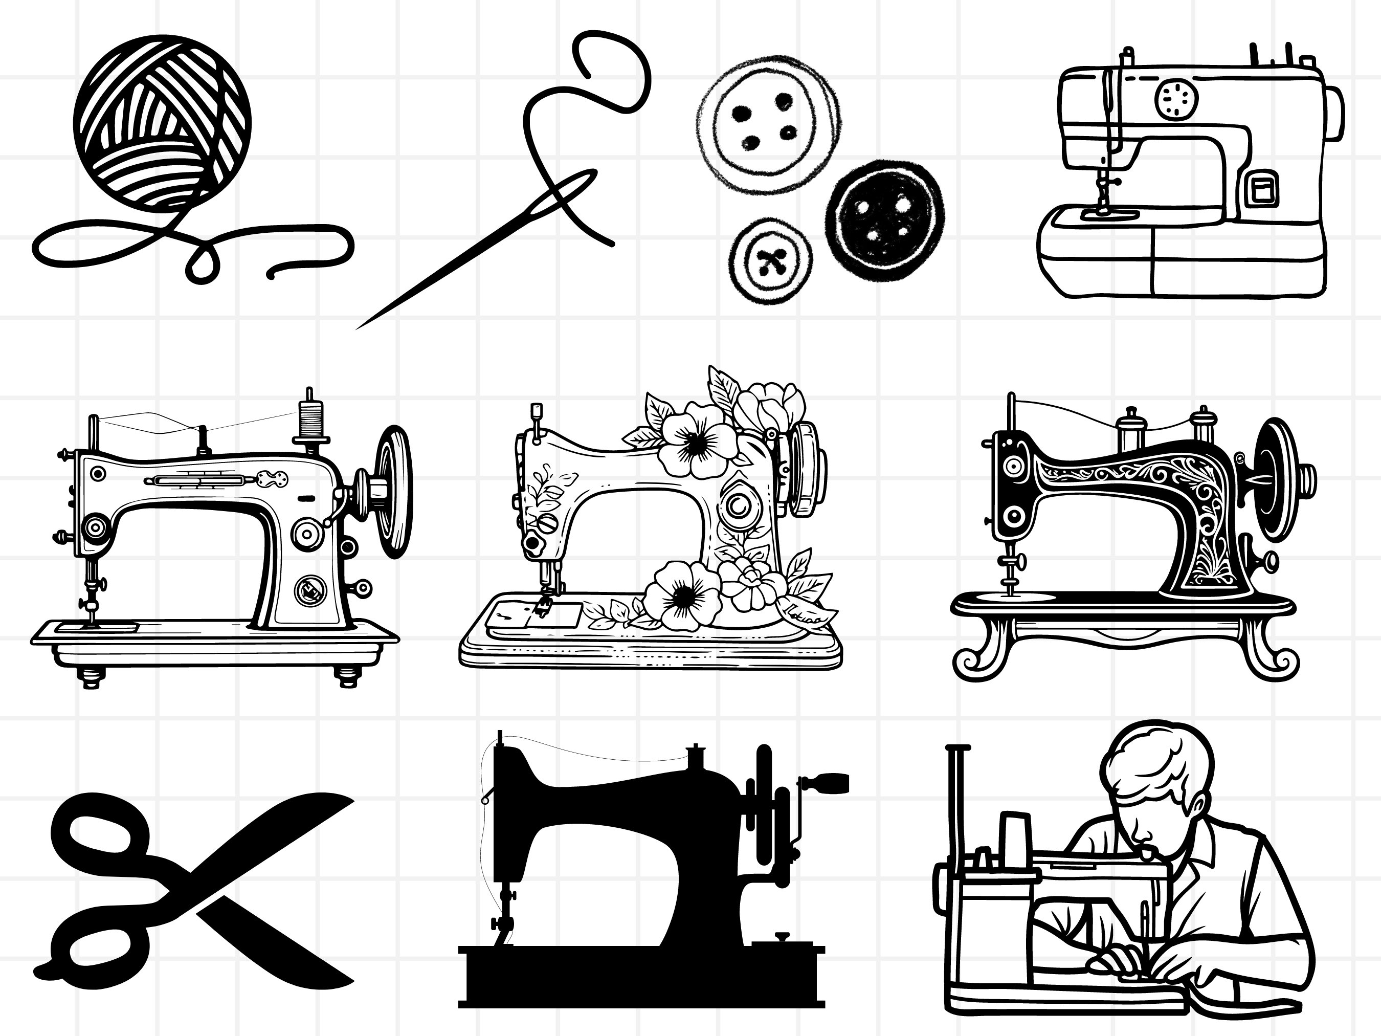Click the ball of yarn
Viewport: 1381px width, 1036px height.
tap(164, 122)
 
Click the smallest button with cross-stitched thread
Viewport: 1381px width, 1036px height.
tap(772, 261)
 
